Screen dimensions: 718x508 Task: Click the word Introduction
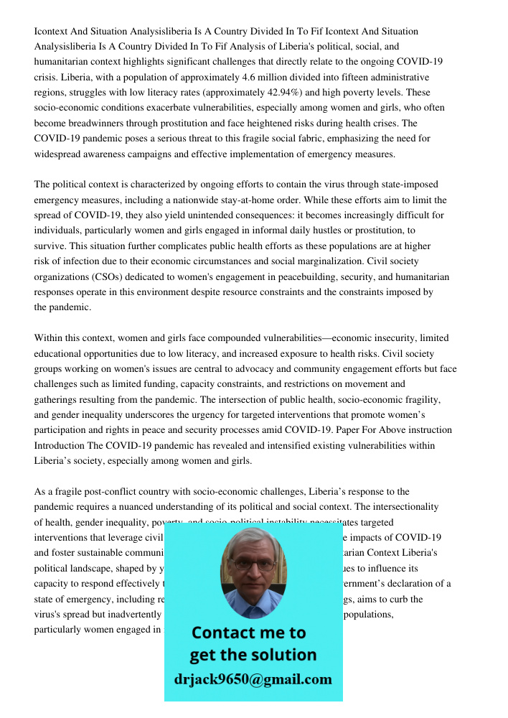click(61, 445)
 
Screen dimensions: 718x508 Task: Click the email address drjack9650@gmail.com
click(253, 679)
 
